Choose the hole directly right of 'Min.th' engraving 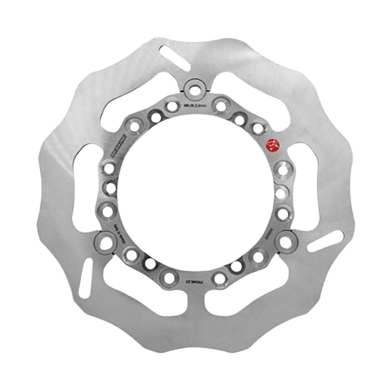[x=221, y=106]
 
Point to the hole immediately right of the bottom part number [x=220, y=278]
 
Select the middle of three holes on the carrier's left [x=110, y=189]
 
